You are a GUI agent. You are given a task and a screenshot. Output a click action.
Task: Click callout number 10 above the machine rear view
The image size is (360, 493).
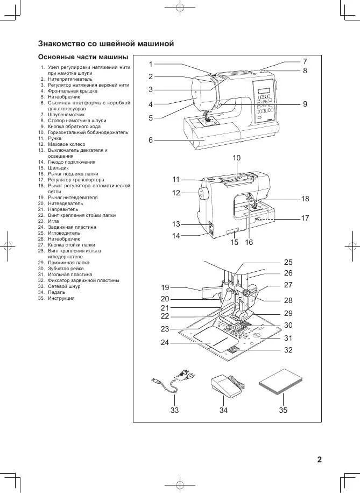coord(237,158)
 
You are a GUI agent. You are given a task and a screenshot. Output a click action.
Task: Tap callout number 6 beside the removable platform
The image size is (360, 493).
coord(151,140)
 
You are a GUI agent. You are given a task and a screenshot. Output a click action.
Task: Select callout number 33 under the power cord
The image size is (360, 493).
coord(174,410)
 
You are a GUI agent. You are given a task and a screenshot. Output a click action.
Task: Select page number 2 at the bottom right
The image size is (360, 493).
coord(319,459)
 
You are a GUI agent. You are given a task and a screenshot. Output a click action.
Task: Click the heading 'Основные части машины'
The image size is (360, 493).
coord(82,57)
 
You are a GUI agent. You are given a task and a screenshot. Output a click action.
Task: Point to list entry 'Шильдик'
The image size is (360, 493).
coord(58,168)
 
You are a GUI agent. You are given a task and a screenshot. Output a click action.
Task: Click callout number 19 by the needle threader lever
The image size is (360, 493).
coord(165,287)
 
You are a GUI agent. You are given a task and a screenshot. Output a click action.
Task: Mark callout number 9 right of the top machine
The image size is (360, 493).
coord(305,104)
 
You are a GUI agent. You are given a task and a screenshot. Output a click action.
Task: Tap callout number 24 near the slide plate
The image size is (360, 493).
coord(165,342)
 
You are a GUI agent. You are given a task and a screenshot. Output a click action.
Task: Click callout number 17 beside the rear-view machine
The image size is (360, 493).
coord(305,218)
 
